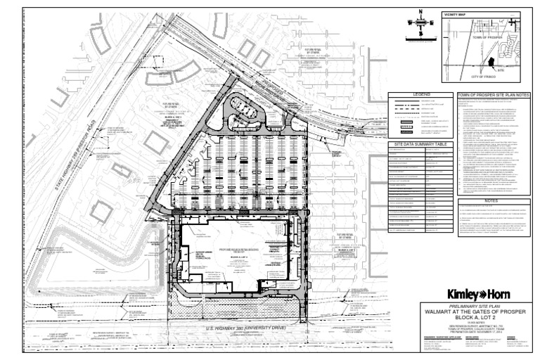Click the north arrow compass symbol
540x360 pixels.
point(420,22)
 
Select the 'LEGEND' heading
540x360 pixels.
point(420,94)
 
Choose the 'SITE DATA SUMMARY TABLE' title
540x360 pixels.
point(420,144)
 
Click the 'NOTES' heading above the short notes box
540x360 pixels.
point(491,200)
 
